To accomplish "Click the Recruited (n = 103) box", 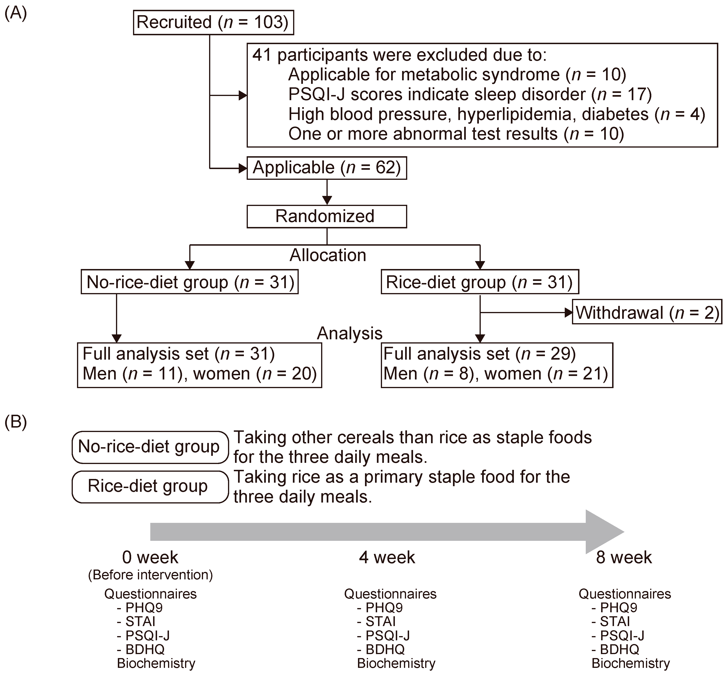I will [x=213, y=23].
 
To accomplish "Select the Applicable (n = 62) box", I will [x=326, y=168].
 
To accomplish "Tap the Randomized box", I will [x=326, y=216].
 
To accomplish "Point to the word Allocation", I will [x=327, y=255].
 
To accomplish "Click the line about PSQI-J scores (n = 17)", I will [x=470, y=94].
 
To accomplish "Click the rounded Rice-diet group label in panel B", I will [x=150, y=487].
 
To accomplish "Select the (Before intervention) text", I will [x=150, y=575].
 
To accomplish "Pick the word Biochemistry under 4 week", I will [x=396, y=663].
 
